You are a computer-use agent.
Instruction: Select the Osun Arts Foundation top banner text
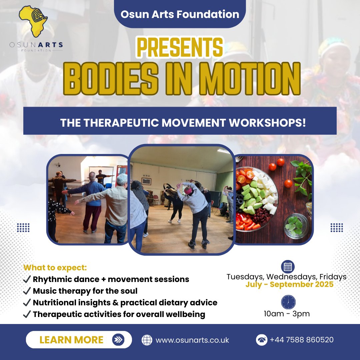180,14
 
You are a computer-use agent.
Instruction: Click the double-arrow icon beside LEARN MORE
118,340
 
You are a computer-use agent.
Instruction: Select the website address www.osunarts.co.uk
192,340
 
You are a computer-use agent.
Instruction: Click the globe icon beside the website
147,340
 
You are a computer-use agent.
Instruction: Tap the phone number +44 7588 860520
302,340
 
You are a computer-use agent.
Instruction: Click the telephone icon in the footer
261,340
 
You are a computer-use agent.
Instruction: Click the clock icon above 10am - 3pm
288,302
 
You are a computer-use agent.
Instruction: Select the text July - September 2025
289,285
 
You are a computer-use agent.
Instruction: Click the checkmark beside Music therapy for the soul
27,291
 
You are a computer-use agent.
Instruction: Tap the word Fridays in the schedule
333,277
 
